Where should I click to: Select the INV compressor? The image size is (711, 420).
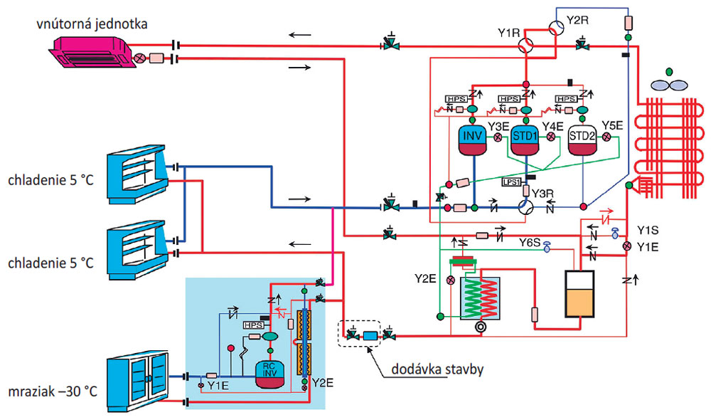(x=471, y=140)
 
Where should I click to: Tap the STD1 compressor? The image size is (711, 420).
(x=526, y=140)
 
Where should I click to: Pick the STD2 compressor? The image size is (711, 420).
(x=582, y=140)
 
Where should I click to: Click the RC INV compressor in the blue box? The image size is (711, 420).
(x=270, y=372)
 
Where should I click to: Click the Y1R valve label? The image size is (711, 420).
(x=510, y=32)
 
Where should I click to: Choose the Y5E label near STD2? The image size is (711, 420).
(x=613, y=125)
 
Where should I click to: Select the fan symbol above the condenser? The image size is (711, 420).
(x=668, y=82)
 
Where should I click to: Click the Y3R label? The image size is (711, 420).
(x=542, y=192)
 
